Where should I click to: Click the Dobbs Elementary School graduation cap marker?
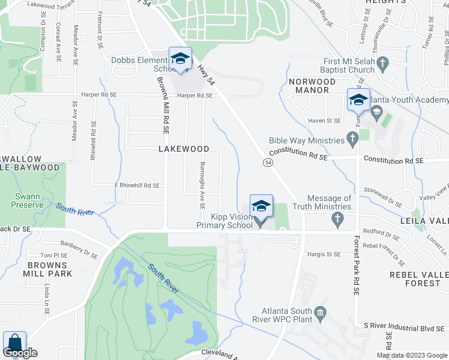click(179, 59)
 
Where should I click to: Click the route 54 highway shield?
click(268, 163)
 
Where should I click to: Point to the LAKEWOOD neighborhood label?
click(184, 149)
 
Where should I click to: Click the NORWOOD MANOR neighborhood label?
click(309, 86)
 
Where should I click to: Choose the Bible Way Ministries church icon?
click(353, 140)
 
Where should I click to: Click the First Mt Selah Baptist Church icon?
click(383, 62)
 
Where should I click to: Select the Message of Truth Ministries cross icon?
click(337, 220)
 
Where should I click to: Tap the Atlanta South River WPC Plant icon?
click(320, 312)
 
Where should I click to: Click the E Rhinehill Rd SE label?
click(137, 186)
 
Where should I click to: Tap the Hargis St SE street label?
click(325, 254)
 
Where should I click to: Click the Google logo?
click(20, 353)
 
